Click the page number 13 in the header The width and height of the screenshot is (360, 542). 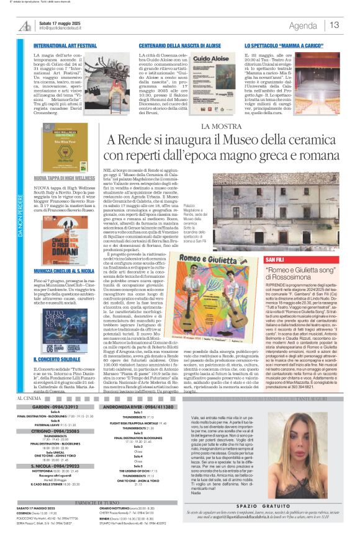[335, 25]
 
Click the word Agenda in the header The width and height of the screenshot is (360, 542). [303, 25]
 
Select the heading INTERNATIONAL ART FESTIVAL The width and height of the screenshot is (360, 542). [65, 46]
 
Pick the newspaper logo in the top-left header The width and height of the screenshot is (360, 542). [25, 25]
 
